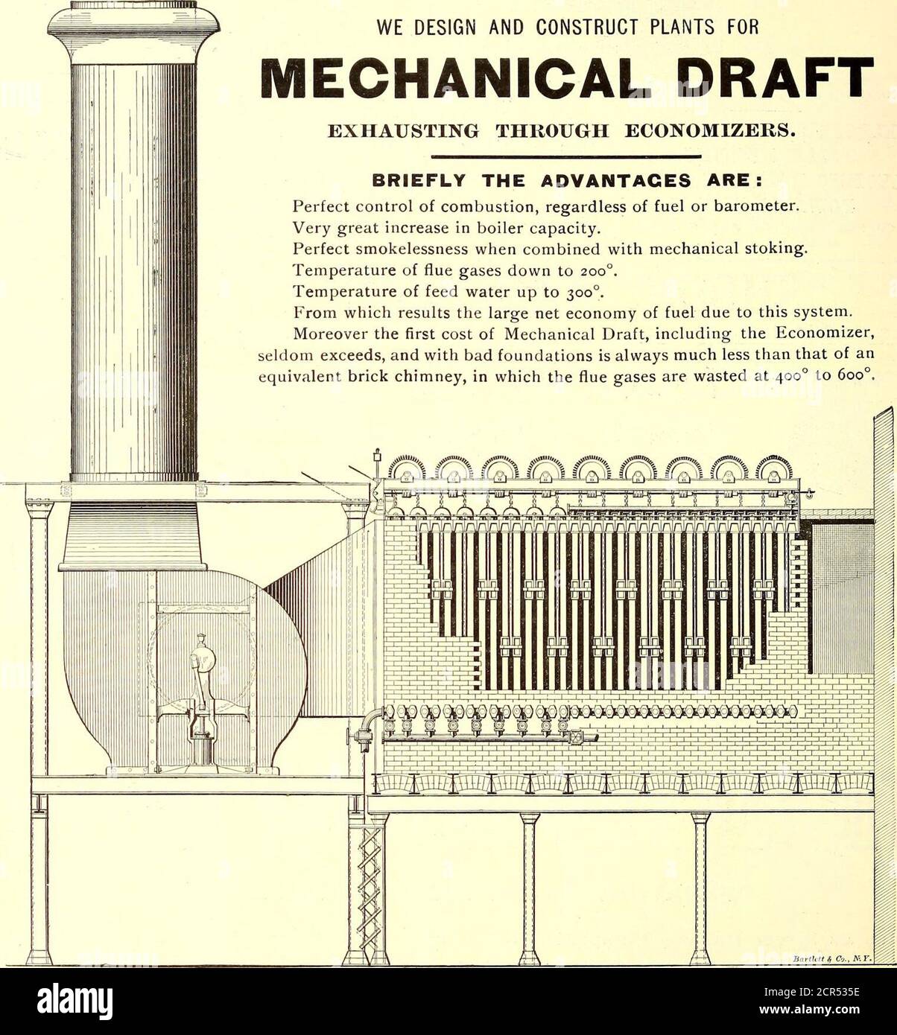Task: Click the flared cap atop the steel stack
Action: [x=134, y=30]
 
